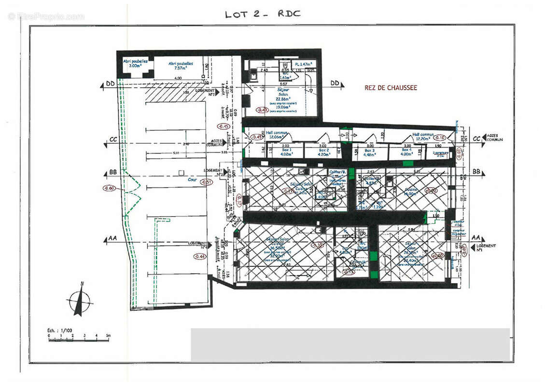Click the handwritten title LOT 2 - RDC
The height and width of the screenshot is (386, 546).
(263, 14)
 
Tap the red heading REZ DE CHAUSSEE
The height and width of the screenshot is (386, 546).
(391, 88)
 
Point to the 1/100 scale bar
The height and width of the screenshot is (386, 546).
(78, 339)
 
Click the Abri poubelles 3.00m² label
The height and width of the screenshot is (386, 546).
(132, 64)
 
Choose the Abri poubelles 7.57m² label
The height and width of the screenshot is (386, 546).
(181, 66)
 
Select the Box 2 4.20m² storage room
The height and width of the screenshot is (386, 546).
(323, 152)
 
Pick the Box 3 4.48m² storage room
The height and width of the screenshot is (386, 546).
(370, 152)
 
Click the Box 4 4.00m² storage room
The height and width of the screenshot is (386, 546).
(407, 152)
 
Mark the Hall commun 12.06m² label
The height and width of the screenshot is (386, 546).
(276, 135)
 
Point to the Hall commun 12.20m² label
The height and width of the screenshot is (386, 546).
(423, 137)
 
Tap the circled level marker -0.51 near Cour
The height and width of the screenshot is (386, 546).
(206, 182)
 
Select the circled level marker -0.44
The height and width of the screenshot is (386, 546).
(199, 256)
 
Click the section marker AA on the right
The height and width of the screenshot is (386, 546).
(475, 238)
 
